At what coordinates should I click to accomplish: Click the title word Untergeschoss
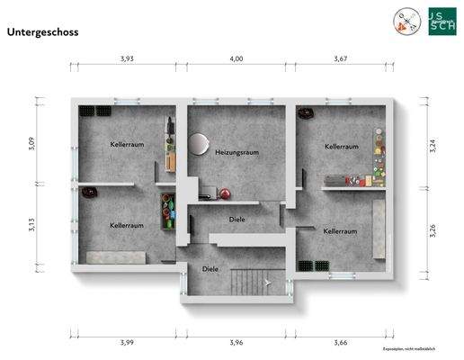click(43, 31)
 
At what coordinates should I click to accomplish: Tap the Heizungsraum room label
click(237, 153)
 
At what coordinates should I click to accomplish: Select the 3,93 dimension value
click(128, 58)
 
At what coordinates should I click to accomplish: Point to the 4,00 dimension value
click(236, 58)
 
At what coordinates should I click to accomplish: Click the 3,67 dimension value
click(341, 58)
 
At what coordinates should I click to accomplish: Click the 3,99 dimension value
click(128, 342)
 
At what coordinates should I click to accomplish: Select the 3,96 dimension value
click(236, 342)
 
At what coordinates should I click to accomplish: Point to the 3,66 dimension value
click(341, 342)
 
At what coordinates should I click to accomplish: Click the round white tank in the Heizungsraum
click(199, 143)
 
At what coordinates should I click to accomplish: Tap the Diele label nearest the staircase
click(210, 268)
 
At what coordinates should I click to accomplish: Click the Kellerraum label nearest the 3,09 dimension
click(127, 144)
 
